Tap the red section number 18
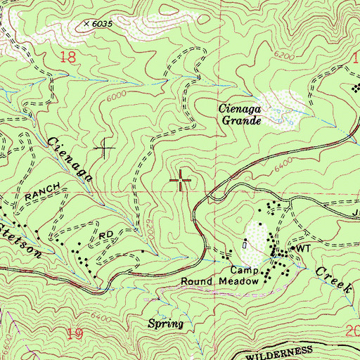(x=67, y=58)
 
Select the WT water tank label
(x=303, y=249)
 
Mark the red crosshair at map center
(x=181, y=181)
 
